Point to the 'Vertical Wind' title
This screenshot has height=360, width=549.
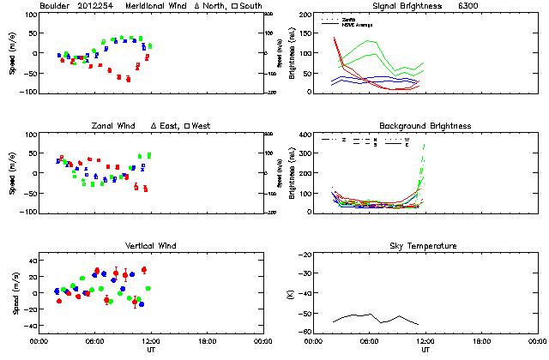click(149, 246)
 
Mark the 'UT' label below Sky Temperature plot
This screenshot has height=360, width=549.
click(425, 350)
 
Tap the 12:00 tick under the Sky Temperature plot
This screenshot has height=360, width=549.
click(425, 342)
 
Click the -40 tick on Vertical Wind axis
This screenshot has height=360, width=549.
click(27, 327)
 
